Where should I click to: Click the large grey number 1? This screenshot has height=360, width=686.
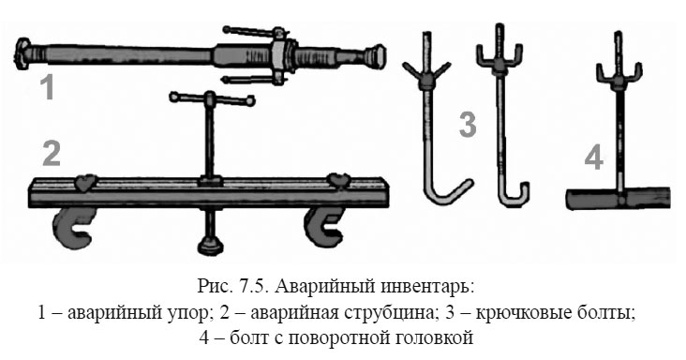click(x=46, y=88)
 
